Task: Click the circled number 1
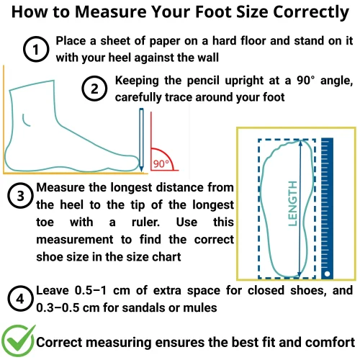[x=36, y=49]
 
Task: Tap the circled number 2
[x=94, y=89]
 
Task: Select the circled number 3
[x=20, y=196]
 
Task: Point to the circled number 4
[x=20, y=299]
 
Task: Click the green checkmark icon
[x=18, y=341]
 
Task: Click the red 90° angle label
[x=161, y=164]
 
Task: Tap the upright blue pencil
[x=141, y=140]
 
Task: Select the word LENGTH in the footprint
[x=293, y=204]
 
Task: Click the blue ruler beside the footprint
[x=327, y=208]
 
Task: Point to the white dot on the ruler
[x=327, y=274]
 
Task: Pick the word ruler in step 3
[x=145, y=222]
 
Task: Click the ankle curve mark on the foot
[x=25, y=120]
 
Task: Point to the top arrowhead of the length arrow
[x=300, y=143]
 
